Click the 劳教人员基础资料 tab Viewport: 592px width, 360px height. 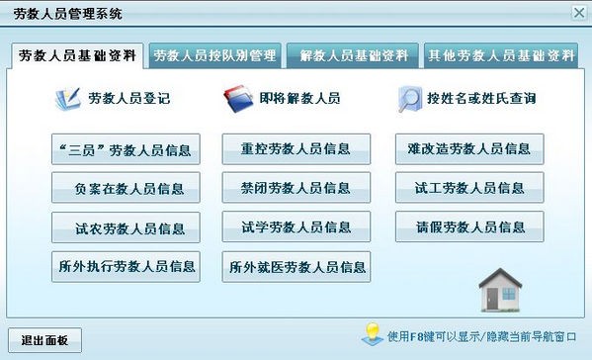[77, 55]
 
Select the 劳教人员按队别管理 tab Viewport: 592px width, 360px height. [214, 55]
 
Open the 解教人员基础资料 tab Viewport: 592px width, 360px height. [353, 55]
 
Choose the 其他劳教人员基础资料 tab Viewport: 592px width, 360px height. [501, 55]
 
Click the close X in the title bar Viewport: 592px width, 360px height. [578, 13]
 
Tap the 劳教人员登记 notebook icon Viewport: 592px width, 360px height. [69, 100]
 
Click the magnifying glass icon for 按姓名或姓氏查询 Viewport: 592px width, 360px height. [410, 100]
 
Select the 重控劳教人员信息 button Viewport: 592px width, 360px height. [296, 149]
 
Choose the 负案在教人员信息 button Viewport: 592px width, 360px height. [126, 188]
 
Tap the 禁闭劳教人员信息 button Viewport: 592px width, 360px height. [296, 188]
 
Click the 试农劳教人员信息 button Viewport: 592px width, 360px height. [126, 227]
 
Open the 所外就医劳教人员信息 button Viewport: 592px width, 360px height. [296, 267]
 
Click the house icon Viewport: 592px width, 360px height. [499, 291]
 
